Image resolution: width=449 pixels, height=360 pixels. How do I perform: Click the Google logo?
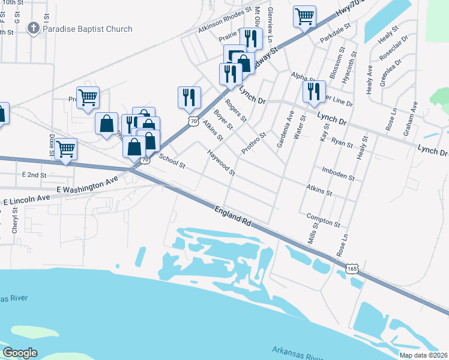pyautogui.click(x=20, y=353)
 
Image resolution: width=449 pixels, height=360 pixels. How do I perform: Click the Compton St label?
pyautogui.click(x=323, y=220)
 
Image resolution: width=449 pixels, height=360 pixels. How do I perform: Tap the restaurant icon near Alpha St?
pyautogui.click(x=312, y=91)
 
